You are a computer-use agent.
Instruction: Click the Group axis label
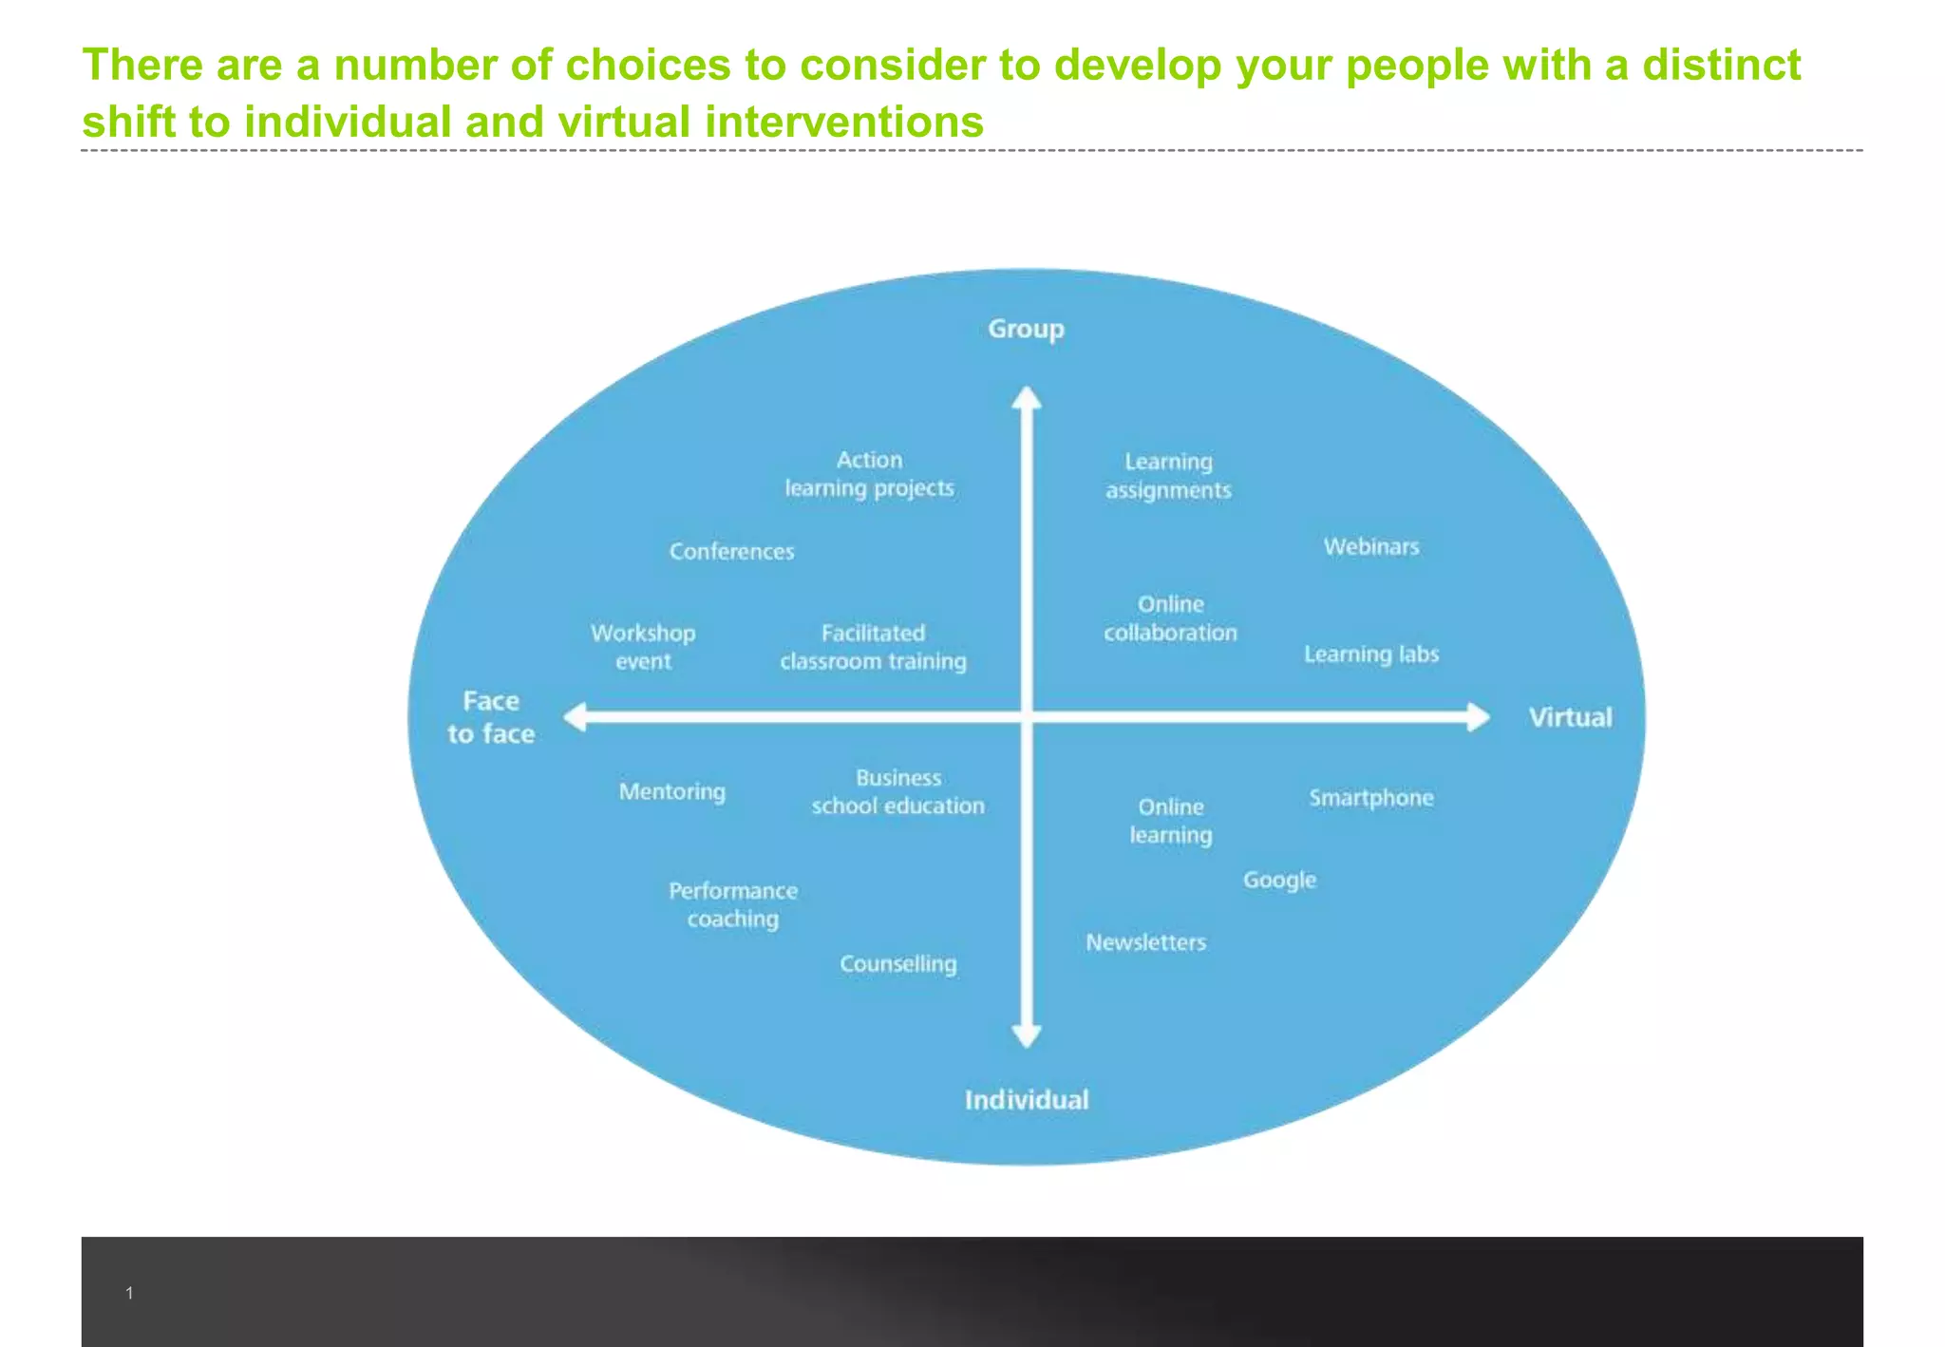(x=1026, y=330)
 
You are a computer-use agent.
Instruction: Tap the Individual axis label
(x=1027, y=1100)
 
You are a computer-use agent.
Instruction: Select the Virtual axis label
(x=1570, y=717)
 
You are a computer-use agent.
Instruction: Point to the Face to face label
(x=491, y=717)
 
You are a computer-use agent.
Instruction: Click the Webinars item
(x=1371, y=546)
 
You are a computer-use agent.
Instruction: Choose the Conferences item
(x=731, y=551)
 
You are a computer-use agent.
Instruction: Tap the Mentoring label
(x=671, y=791)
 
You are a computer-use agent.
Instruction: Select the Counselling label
(x=897, y=963)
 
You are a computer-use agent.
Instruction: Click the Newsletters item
(x=1145, y=942)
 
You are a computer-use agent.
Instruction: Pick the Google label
(x=1279, y=881)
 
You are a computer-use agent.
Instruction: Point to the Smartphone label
(x=1370, y=798)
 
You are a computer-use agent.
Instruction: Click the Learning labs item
(x=1370, y=654)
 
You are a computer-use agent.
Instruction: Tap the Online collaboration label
(x=1170, y=618)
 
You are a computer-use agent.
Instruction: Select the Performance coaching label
(x=732, y=904)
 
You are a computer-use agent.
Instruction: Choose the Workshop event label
(x=643, y=647)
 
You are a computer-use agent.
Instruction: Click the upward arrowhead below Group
(x=1026, y=397)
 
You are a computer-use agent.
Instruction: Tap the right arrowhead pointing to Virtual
(x=1478, y=717)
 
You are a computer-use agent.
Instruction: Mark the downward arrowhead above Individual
(x=1026, y=1035)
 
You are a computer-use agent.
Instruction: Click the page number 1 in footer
(x=129, y=1293)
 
